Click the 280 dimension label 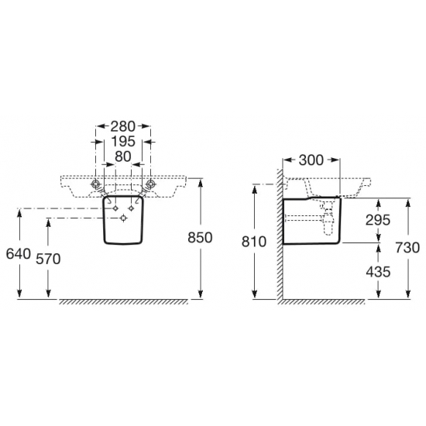click(123, 126)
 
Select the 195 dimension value click(123, 141)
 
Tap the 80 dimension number click(123, 156)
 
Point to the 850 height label click(200, 238)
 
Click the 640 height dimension click(19, 254)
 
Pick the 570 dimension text click(48, 259)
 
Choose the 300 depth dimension click(311, 160)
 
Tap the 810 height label click(254, 242)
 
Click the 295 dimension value click(378, 220)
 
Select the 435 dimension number click(378, 272)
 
